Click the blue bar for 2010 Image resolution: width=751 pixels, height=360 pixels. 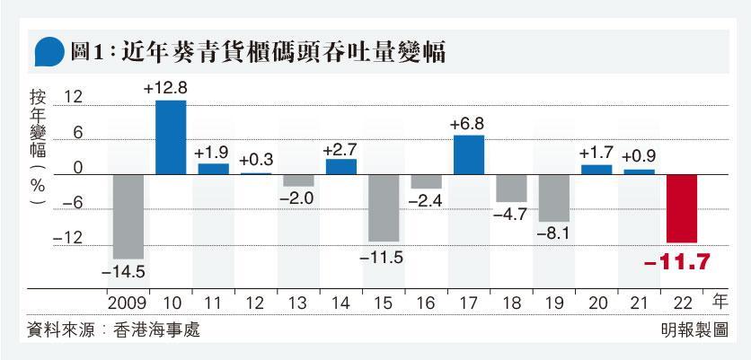pos(171,137)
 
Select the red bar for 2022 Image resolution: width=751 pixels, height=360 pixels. pos(682,208)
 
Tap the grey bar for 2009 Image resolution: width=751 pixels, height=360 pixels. pos(128,217)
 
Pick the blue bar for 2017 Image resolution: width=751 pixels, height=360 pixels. pos(469,154)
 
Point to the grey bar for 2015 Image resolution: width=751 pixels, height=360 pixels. pos(384,208)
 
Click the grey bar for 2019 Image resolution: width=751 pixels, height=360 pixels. pos(554,198)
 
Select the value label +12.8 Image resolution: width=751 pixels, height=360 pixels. pos(164,88)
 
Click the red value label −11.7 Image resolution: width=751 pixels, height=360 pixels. pos(676,262)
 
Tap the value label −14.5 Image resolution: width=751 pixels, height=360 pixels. pos(124,272)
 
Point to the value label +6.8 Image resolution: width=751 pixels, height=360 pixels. pos(466,124)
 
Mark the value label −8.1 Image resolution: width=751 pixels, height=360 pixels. pos(552,234)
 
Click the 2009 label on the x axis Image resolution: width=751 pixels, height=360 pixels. pos(128,303)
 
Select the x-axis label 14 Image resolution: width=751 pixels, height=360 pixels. pos(341,303)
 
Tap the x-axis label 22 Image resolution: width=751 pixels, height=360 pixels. pos(682,303)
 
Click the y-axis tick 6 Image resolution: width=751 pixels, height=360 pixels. pos(78,134)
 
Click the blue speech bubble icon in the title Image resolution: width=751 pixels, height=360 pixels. pos(49,51)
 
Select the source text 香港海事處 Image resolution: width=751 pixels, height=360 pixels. pos(156,330)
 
